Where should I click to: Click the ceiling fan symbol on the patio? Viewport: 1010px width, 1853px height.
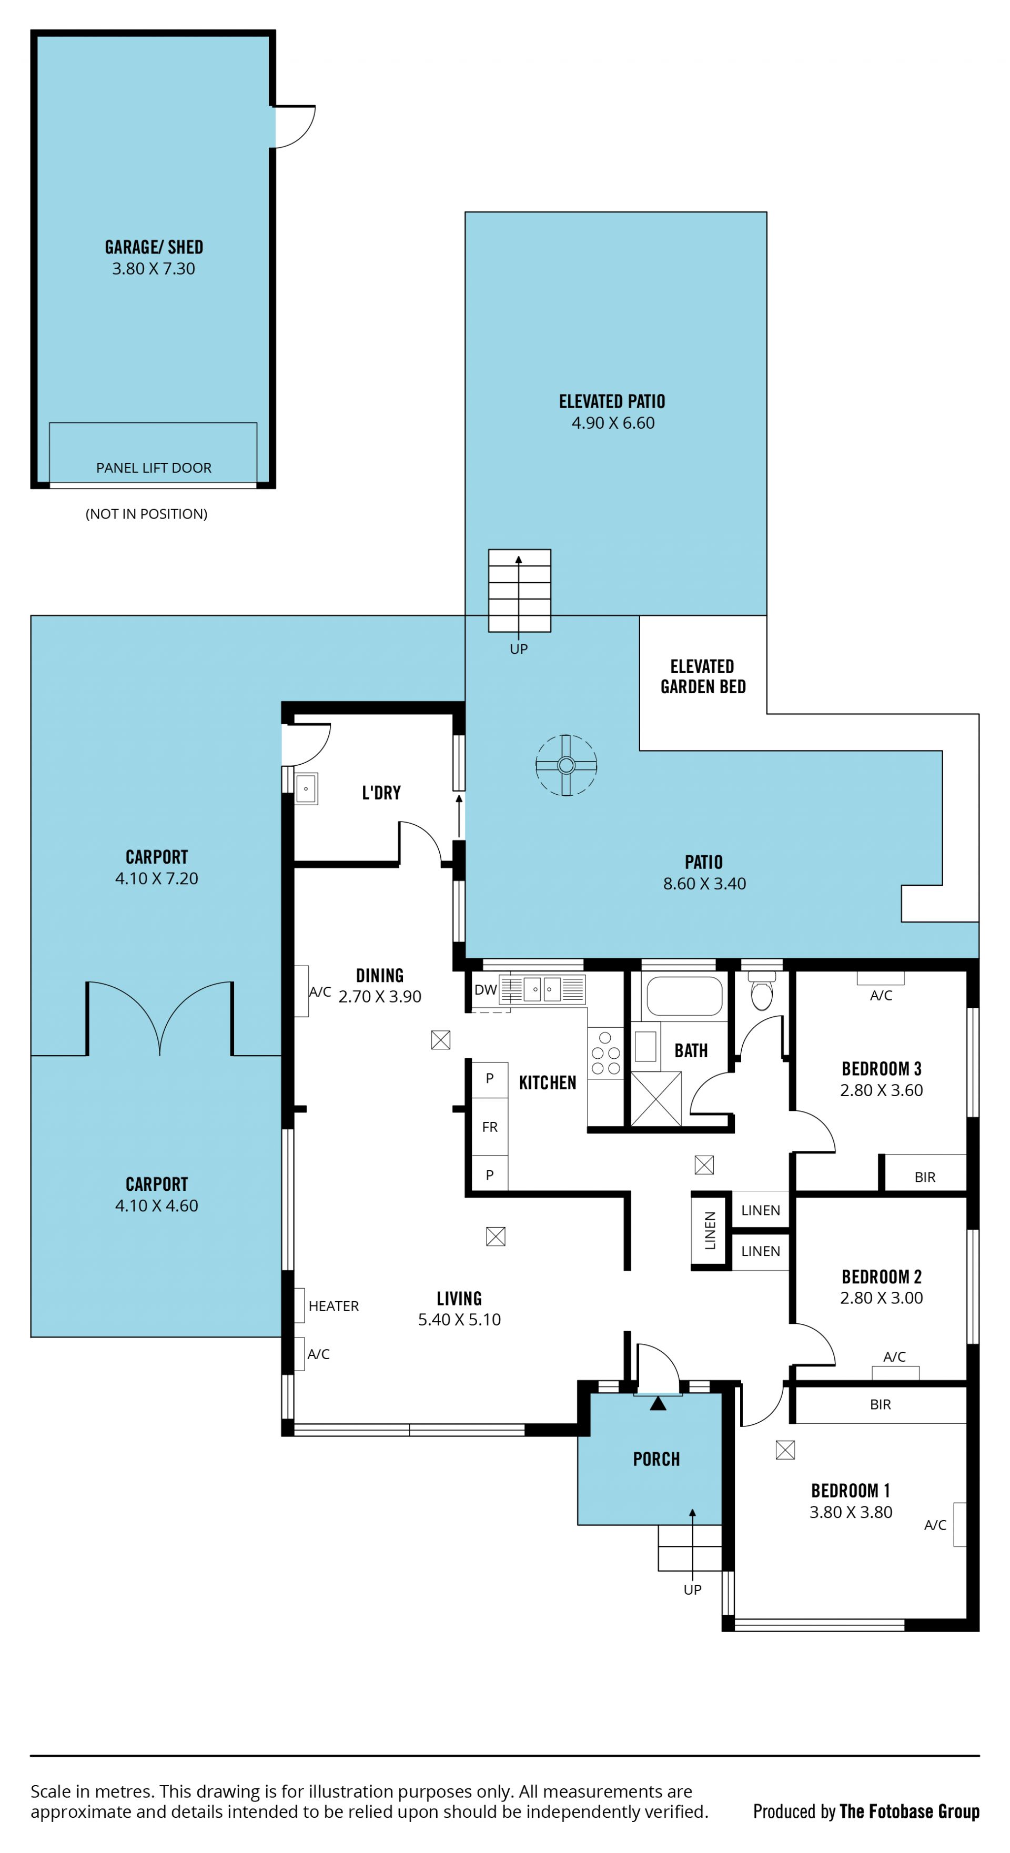[566, 765]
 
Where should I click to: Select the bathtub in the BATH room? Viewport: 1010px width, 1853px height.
[684, 996]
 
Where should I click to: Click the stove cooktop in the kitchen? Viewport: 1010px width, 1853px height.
[605, 1053]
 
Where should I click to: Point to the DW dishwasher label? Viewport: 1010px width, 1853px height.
[486, 990]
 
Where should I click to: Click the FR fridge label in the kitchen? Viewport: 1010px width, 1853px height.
[490, 1127]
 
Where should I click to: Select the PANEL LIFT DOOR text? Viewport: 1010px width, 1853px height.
[154, 468]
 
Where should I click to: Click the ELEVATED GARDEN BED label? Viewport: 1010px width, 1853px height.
[703, 676]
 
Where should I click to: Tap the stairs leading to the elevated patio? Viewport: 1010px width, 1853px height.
[519, 591]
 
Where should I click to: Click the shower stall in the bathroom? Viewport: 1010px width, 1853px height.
[656, 1098]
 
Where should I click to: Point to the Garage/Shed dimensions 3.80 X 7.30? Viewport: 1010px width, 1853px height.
[153, 268]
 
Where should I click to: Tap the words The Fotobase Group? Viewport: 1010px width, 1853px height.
[910, 1811]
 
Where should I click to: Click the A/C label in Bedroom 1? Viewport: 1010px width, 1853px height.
[935, 1524]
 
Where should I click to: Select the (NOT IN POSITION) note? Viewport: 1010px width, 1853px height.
[147, 513]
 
